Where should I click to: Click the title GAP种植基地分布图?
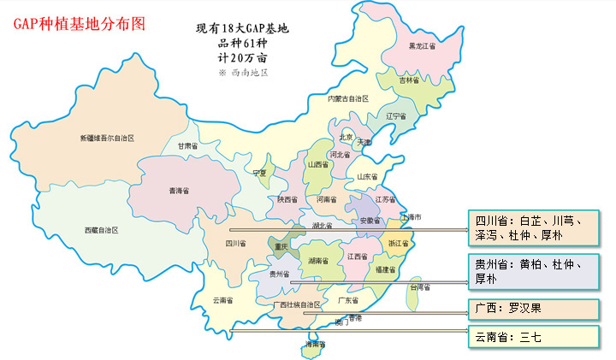tap(80, 23)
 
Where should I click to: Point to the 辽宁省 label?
tap(396, 116)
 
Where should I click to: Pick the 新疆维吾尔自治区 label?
tap(108, 138)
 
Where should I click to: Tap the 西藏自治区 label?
tap(101, 231)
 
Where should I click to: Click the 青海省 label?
tap(180, 191)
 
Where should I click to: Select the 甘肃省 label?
tap(188, 146)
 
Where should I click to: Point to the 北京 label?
tap(346, 137)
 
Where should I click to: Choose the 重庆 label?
tap(281, 246)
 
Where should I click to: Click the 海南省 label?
tap(316, 345)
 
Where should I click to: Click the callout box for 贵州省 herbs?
tap(530, 272)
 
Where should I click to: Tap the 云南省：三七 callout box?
tap(530, 337)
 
